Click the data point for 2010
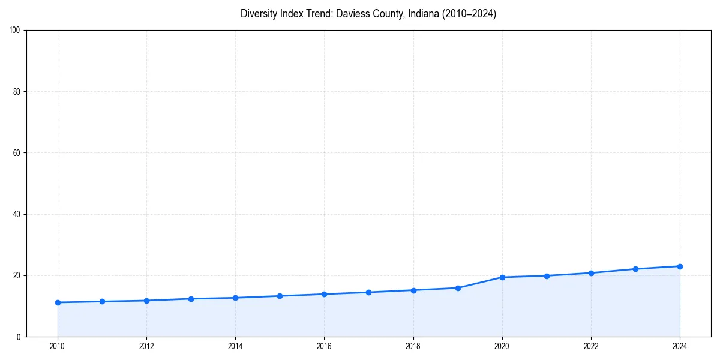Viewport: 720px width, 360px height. [x=58, y=302]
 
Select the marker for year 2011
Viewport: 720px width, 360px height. [x=102, y=301]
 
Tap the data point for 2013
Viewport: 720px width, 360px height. [x=191, y=299]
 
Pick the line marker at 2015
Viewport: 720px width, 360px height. [x=280, y=296]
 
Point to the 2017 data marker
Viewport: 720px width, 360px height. [x=368, y=292]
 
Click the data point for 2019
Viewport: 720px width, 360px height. [x=458, y=288]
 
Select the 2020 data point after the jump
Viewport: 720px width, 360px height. [x=502, y=277]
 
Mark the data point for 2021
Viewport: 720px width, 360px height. [x=547, y=276]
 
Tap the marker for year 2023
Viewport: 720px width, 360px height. [x=635, y=269]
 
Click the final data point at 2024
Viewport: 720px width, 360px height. [x=680, y=266]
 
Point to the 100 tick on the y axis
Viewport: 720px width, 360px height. [x=16, y=30]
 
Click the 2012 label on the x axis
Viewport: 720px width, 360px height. [x=146, y=346]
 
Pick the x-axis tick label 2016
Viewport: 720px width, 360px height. [x=324, y=346]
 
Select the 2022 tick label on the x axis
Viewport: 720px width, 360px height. [x=591, y=346]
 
